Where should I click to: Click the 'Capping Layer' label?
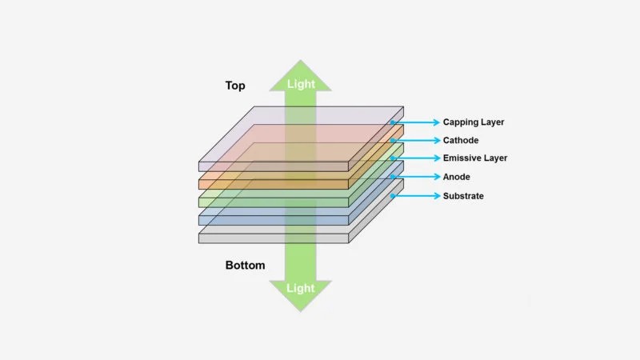pyautogui.click(x=474, y=122)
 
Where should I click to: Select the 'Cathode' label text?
pyautogui.click(x=461, y=141)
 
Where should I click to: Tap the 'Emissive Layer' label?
pyautogui.click(x=475, y=158)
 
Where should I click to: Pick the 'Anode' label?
pyautogui.click(x=457, y=177)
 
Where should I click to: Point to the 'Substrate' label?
pyautogui.click(x=463, y=196)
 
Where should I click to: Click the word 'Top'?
pyautogui.click(x=235, y=86)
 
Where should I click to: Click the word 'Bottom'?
pyautogui.click(x=245, y=266)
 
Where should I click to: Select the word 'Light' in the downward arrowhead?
pyautogui.click(x=300, y=288)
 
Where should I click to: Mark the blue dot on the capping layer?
pyautogui.click(x=393, y=122)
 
